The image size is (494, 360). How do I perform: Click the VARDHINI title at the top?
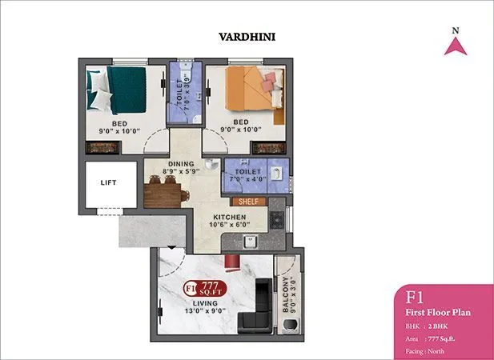(247, 36)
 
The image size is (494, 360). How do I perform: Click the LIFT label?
(109, 182)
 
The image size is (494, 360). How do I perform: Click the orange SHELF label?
(248, 201)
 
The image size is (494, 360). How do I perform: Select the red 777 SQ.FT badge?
(205, 288)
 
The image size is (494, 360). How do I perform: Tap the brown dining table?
(166, 192)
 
